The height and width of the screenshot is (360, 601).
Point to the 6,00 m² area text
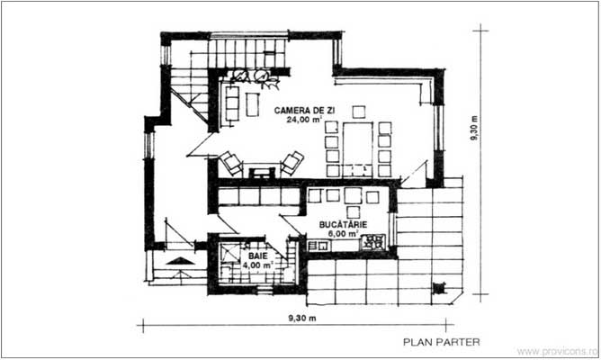pyautogui.click(x=341, y=232)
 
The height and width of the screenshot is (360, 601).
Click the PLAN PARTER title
pyautogui.click(x=442, y=342)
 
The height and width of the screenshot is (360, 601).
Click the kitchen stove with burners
pyautogui.click(x=376, y=241)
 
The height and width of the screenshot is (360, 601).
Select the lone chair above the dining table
pyautogui.click(x=358, y=112)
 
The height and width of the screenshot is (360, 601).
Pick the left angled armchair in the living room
pyautogui.click(x=231, y=164)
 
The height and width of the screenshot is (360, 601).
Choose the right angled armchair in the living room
pyautogui.click(x=292, y=163)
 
